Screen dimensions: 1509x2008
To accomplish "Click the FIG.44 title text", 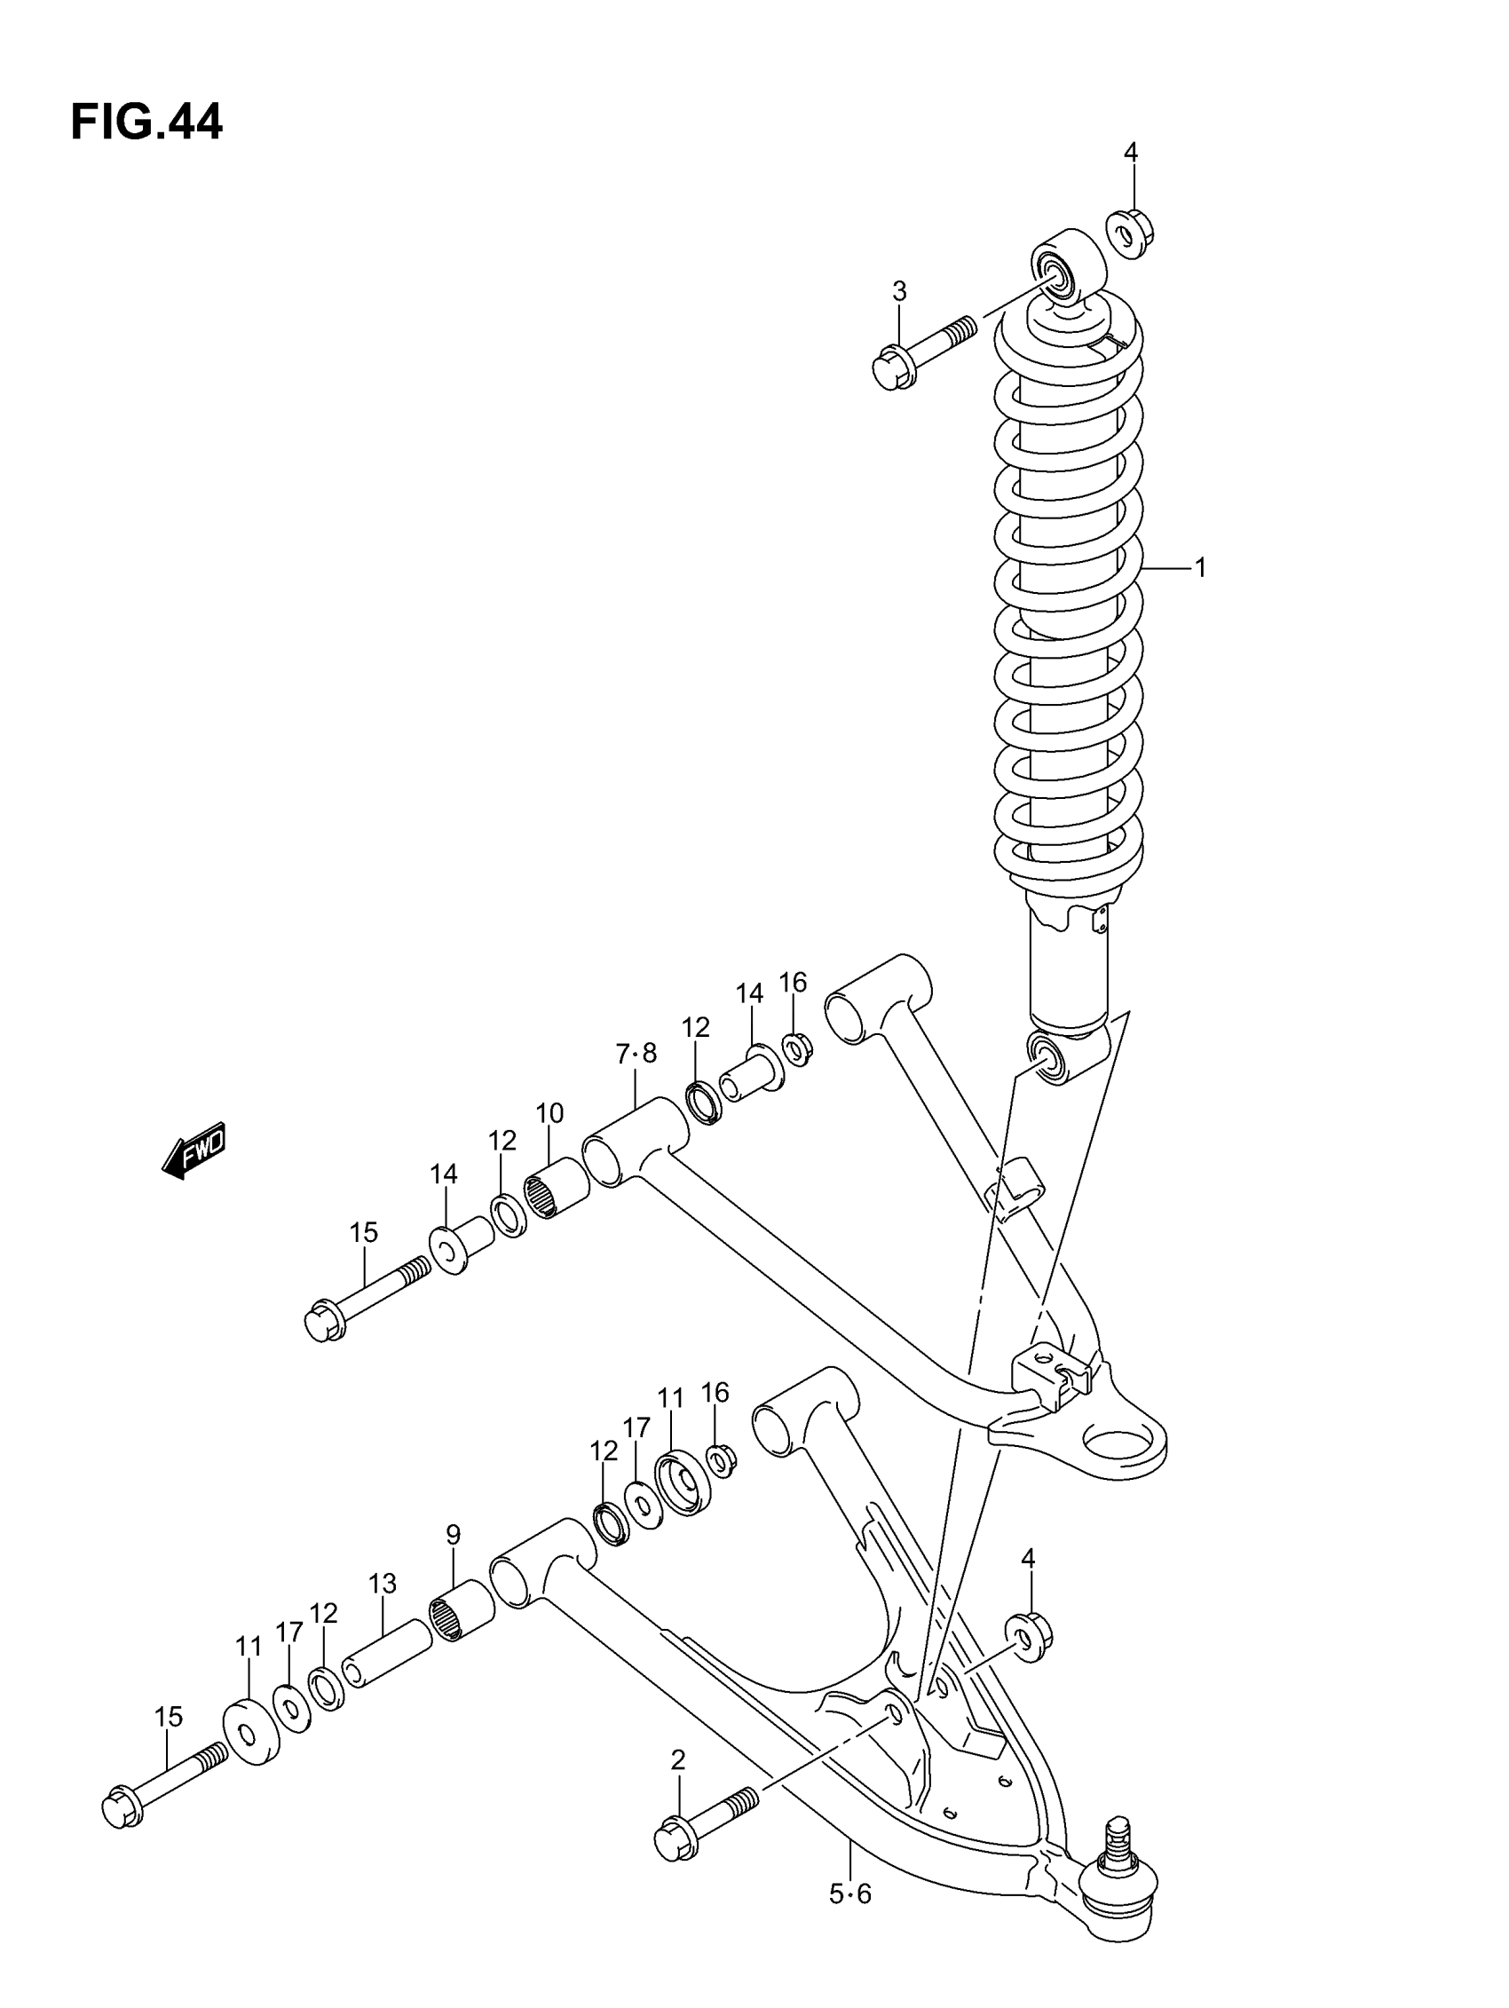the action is click(x=146, y=122).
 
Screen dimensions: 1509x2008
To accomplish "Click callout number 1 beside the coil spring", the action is click(x=1200, y=568).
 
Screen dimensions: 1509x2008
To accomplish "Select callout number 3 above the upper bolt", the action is click(x=899, y=291).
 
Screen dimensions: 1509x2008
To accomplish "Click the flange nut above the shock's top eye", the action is click(x=1128, y=233).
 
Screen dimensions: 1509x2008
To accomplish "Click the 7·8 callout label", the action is click(x=636, y=1054).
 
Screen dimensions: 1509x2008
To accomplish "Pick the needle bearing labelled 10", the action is click(x=556, y=1189).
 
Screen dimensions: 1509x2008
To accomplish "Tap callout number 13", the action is click(x=383, y=1584).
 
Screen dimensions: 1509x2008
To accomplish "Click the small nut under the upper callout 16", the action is click(x=796, y=1048).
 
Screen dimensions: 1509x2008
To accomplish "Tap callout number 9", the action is click(x=453, y=1535).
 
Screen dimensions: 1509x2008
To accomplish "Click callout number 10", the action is click(x=549, y=1113).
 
